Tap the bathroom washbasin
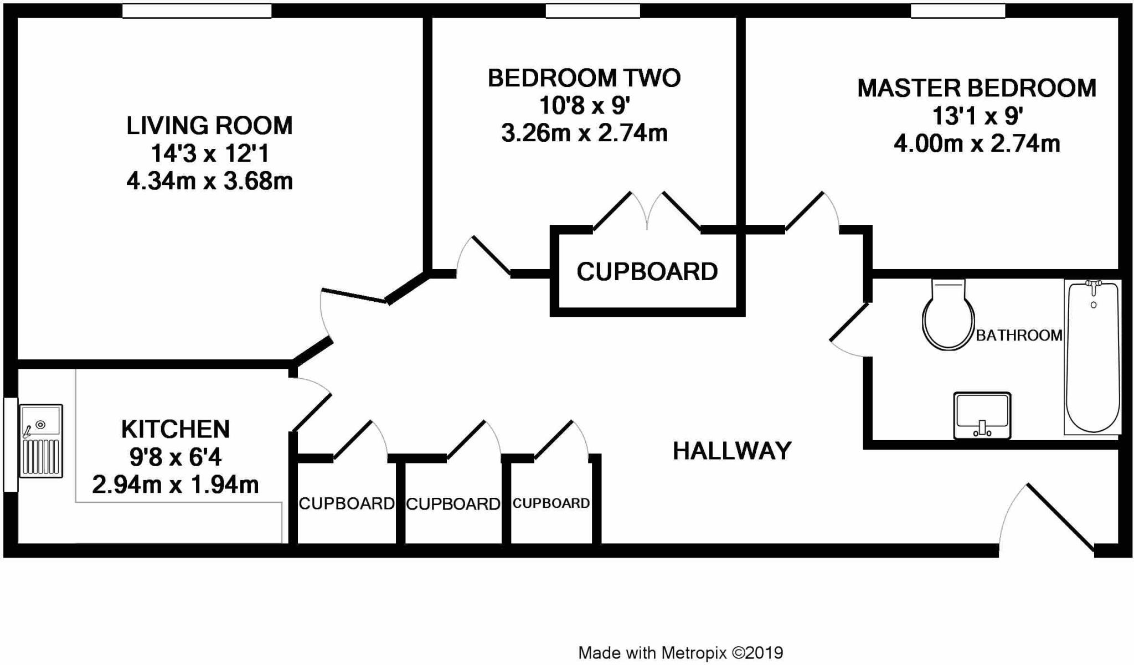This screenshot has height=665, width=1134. click(x=982, y=415)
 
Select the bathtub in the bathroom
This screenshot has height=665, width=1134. click(x=1092, y=357)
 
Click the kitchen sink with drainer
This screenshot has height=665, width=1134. click(x=41, y=441)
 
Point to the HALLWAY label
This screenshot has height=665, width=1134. click(x=731, y=451)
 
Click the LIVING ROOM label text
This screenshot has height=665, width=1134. click(x=209, y=126)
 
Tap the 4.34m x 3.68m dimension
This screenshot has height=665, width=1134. click(x=209, y=181)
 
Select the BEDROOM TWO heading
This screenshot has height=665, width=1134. click(x=584, y=78)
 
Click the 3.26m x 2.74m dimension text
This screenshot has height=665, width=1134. click(x=584, y=133)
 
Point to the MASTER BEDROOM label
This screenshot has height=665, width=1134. click(x=976, y=89)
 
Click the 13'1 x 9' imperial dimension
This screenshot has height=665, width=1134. click(x=977, y=116)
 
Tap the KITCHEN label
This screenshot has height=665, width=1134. click(x=175, y=429)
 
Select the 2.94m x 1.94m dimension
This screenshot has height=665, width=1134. click(x=175, y=485)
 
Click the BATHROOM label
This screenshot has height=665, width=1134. click(x=1018, y=336)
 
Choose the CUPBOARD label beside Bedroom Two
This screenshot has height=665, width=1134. click(x=647, y=272)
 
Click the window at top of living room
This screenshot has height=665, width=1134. click(x=197, y=11)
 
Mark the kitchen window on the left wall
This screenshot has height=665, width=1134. click(x=10, y=444)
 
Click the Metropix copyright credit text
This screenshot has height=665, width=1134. click(x=680, y=653)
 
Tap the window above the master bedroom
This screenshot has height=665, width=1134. click(x=957, y=11)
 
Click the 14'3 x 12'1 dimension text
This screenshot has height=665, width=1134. click(x=209, y=153)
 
